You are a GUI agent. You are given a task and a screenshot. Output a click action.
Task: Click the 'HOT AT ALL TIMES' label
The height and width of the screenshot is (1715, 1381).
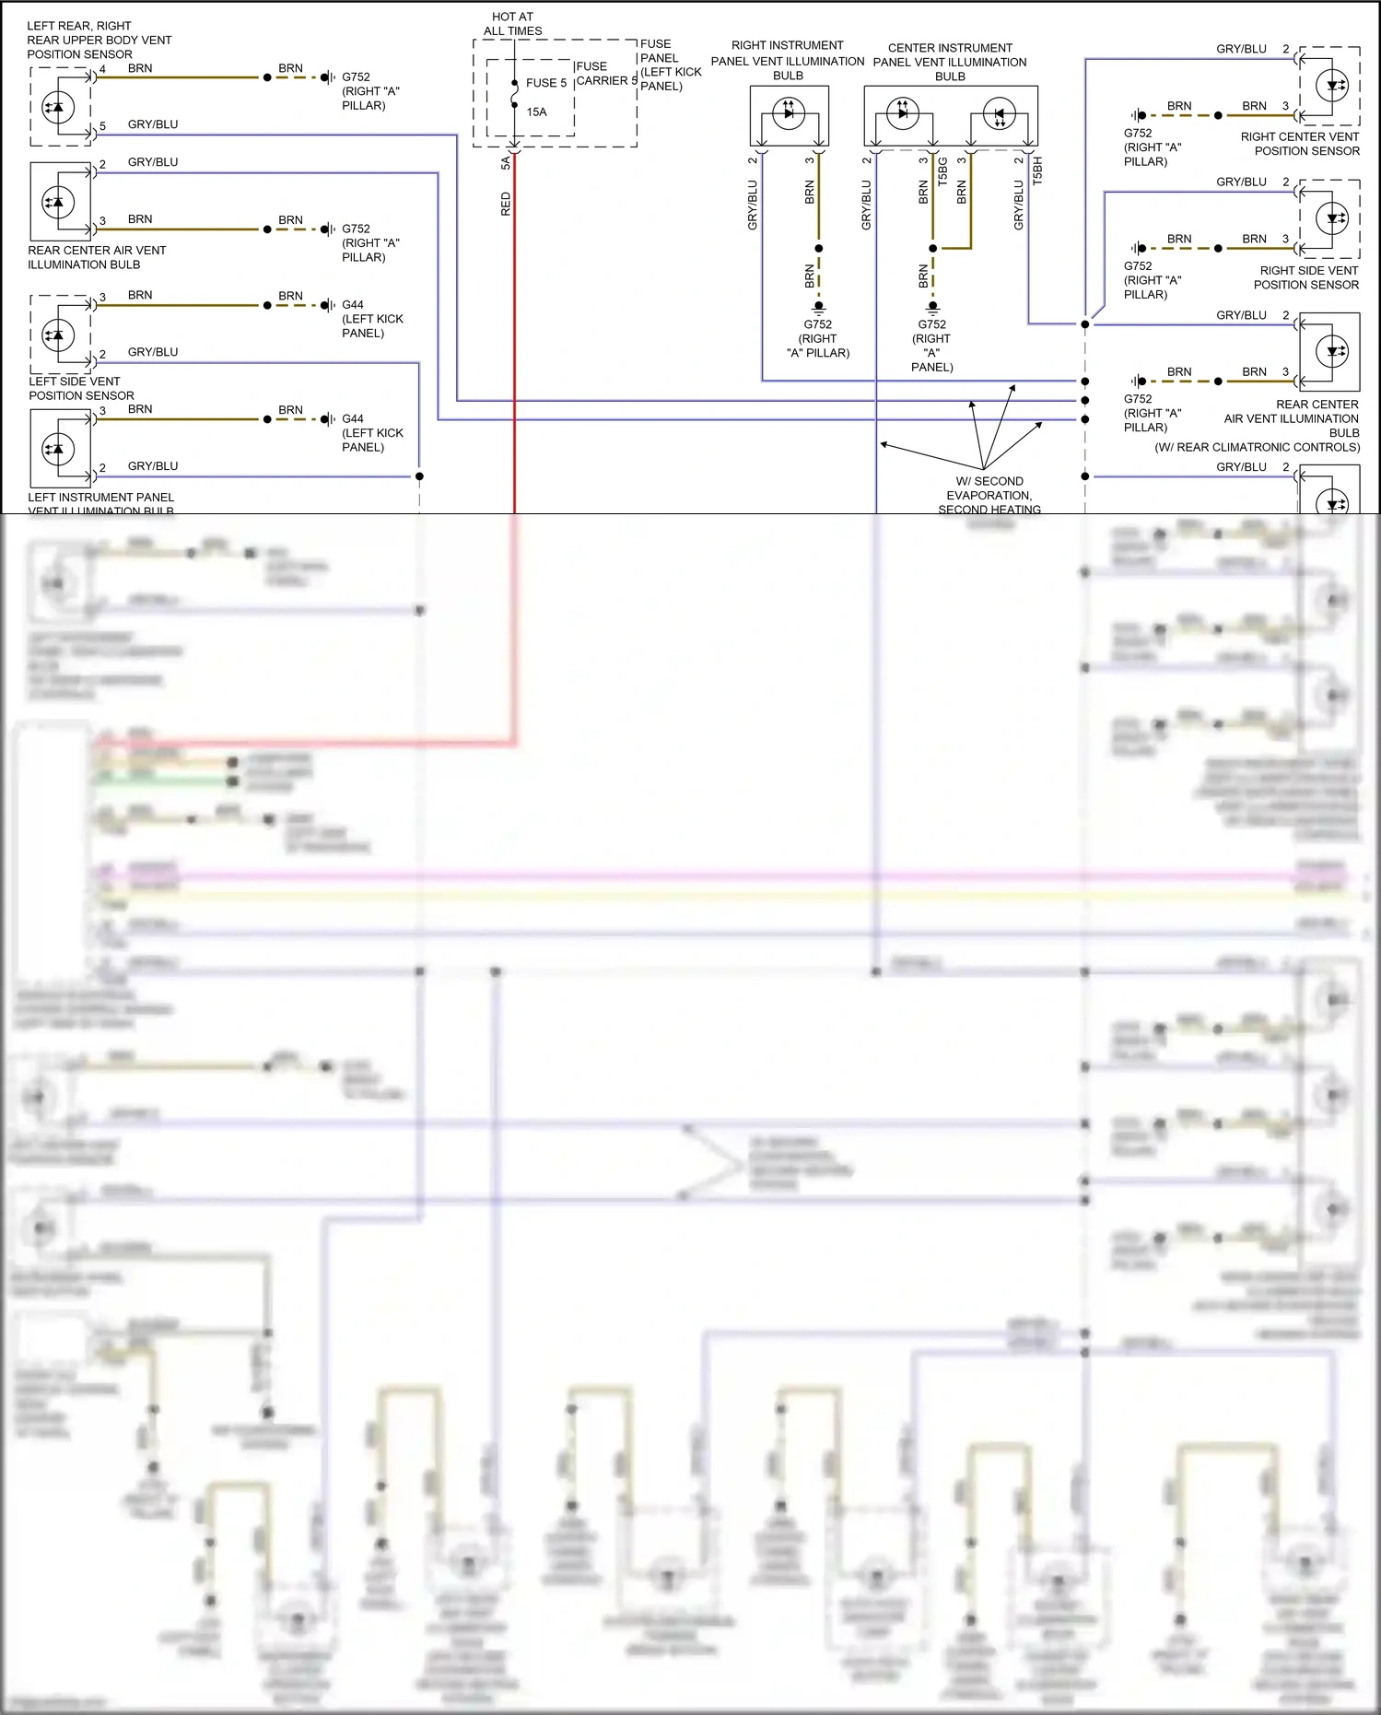click(512, 24)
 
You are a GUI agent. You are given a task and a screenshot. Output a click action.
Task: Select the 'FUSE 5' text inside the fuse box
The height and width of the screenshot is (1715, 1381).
click(545, 83)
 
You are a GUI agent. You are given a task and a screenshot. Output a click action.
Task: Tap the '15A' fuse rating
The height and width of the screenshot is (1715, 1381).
click(536, 112)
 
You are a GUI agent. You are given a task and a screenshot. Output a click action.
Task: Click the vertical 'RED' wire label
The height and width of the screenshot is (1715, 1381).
click(505, 204)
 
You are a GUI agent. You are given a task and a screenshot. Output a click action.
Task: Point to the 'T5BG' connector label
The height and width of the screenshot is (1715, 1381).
click(942, 171)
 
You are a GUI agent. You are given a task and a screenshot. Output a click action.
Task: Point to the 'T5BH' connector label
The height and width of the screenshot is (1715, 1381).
click(1037, 171)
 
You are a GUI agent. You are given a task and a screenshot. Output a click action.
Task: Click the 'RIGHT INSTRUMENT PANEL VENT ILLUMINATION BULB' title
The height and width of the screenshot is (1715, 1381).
click(788, 60)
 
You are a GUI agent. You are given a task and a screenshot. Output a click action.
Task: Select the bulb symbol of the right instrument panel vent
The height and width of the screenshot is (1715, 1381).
click(789, 114)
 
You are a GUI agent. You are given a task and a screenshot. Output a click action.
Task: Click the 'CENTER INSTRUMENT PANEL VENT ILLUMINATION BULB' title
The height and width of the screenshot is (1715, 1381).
click(950, 62)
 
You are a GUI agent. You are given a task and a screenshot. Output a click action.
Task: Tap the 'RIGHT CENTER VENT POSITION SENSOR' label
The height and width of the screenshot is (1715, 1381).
click(1300, 144)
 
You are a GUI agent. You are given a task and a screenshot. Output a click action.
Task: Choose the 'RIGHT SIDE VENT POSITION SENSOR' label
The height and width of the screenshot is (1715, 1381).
click(1306, 277)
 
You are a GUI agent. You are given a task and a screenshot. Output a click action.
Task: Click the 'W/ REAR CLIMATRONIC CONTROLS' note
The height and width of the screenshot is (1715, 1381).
click(1257, 447)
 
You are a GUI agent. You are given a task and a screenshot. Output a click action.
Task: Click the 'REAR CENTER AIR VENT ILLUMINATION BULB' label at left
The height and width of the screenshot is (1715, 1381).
click(96, 257)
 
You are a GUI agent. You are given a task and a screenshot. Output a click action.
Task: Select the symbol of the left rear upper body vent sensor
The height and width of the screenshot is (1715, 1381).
click(59, 107)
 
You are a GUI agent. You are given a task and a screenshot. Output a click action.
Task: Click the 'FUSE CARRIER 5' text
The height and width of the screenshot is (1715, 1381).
click(605, 74)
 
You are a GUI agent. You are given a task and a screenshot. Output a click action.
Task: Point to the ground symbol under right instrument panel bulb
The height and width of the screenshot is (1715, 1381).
click(818, 308)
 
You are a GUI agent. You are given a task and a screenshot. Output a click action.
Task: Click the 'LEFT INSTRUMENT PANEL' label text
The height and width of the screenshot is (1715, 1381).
click(100, 498)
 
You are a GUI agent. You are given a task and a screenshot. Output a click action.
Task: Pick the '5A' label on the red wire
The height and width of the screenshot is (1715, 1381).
click(505, 163)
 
